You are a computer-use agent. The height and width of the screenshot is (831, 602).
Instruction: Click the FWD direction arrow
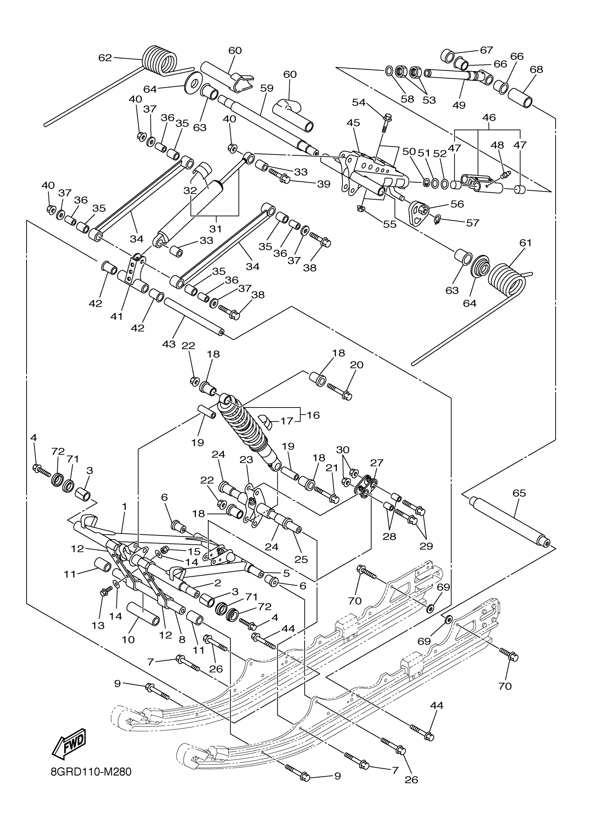(x=70, y=744)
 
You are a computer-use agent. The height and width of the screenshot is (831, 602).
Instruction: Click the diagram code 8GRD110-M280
(x=91, y=782)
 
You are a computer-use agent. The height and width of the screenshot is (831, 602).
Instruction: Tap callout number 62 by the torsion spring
(x=105, y=58)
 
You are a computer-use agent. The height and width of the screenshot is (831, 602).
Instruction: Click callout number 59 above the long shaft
(x=267, y=88)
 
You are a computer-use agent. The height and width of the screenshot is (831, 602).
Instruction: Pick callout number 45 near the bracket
(x=353, y=123)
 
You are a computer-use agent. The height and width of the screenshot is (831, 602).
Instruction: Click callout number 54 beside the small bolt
(x=359, y=103)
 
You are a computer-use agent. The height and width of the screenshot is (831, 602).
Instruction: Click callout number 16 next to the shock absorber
(x=313, y=415)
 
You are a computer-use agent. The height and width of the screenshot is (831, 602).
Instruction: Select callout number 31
(x=215, y=229)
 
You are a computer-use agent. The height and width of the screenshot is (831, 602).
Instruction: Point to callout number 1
(x=125, y=506)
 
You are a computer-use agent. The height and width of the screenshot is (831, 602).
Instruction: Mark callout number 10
(x=128, y=639)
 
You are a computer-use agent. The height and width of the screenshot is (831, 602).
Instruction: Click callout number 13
(x=98, y=625)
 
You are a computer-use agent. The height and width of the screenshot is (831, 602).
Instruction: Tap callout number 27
(x=377, y=463)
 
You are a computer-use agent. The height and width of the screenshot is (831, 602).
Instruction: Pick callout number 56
(x=457, y=204)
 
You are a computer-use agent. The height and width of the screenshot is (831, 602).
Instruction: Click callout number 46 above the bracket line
(x=489, y=118)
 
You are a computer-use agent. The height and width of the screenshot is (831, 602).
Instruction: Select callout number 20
(x=357, y=365)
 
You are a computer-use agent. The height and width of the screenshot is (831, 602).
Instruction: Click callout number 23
(x=246, y=460)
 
